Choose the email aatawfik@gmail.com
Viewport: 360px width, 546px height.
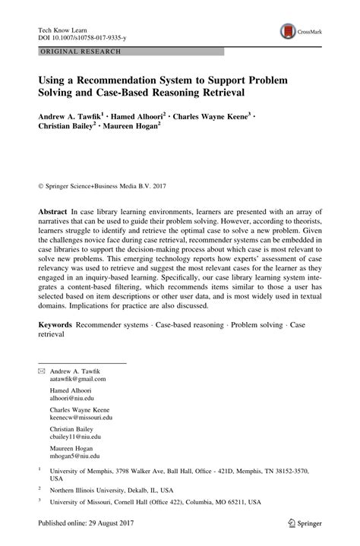(x=78, y=378)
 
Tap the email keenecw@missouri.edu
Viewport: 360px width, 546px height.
(x=81, y=418)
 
